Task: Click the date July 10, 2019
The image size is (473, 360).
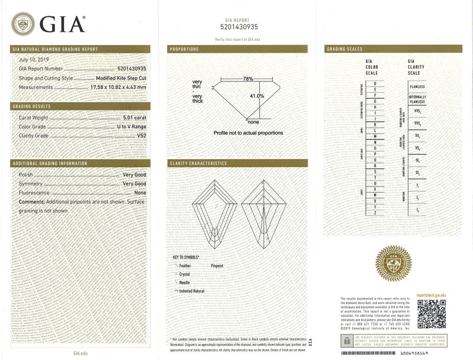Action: [32, 59]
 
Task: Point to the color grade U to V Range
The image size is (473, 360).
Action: [132, 127]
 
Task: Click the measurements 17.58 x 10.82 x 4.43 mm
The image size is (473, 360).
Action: [118, 87]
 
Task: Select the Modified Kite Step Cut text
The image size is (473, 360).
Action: [121, 78]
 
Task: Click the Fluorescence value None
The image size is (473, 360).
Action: [140, 193]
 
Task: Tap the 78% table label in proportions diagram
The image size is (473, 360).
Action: [248, 79]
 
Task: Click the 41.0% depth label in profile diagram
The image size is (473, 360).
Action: [257, 96]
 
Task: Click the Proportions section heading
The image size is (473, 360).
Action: [184, 49]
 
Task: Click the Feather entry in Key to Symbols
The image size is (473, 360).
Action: [185, 266]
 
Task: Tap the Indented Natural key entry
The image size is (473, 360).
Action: [192, 291]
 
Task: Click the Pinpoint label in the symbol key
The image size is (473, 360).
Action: [217, 266]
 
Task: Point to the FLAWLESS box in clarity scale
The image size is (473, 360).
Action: [417, 87]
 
